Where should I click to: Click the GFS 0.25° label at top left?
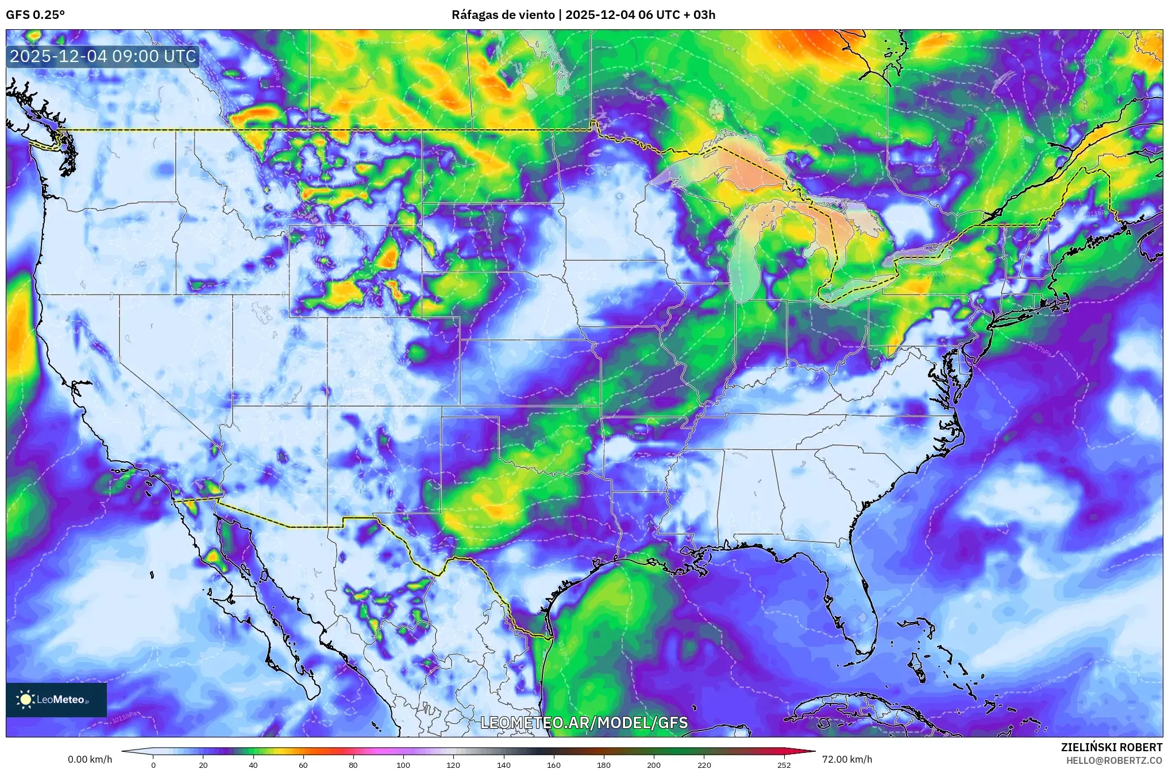35,15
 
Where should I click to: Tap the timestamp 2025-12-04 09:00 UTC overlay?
103,56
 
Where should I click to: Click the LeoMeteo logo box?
56,699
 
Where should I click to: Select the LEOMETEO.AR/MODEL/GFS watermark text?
584,722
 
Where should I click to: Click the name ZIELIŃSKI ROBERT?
1111,747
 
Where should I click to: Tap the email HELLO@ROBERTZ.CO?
1114,760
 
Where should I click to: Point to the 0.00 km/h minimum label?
90,759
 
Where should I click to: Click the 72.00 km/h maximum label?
847,759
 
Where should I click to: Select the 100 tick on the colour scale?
403,764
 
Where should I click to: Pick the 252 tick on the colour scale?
784,764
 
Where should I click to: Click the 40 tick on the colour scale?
253,764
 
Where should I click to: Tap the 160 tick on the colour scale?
553,764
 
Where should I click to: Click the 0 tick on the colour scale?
153,764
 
